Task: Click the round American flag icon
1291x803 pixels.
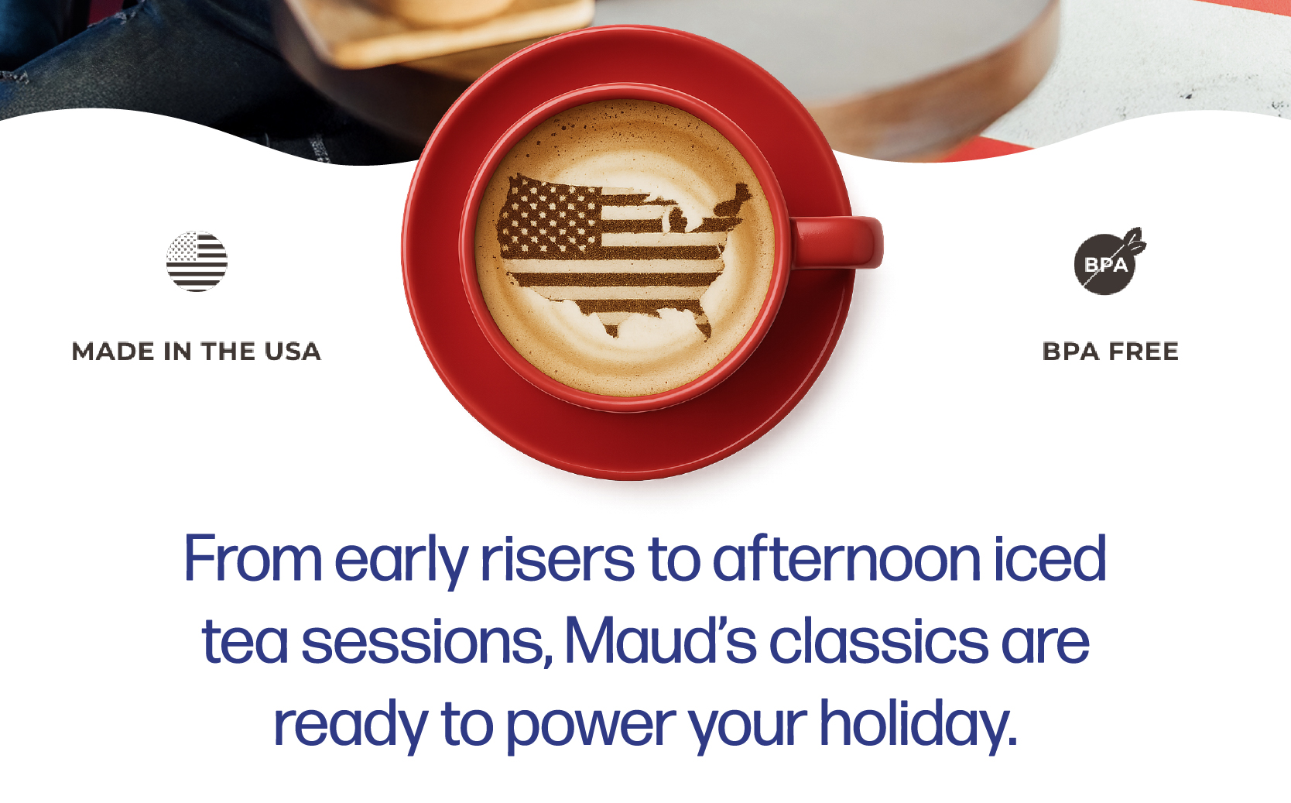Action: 197,261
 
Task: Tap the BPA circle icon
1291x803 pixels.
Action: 1104,264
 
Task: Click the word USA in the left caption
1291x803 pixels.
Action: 293,352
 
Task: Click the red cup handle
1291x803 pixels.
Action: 838,242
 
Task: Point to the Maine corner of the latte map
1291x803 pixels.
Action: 743,190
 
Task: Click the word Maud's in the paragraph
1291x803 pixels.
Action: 660,640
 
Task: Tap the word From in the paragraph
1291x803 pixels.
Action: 252,558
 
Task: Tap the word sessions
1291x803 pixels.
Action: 426,643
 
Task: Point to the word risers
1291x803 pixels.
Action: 557,558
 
